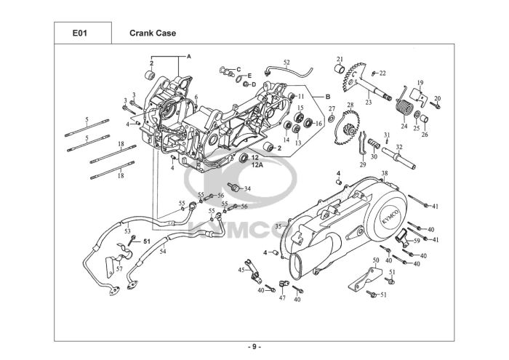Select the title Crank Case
tap(152, 33)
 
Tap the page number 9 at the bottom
tap(254, 346)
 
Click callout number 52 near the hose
tap(286, 63)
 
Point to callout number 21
tap(339, 59)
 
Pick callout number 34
tap(247, 189)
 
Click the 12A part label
tap(257, 165)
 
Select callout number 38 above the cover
tap(385, 173)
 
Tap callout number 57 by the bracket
tap(119, 269)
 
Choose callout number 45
tap(241, 270)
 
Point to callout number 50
tap(376, 260)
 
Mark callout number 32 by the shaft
tap(398, 148)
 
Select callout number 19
tap(420, 82)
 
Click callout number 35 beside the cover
tap(278, 227)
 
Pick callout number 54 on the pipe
tap(163, 251)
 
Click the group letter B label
tap(328, 97)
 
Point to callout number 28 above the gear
tap(350, 106)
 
